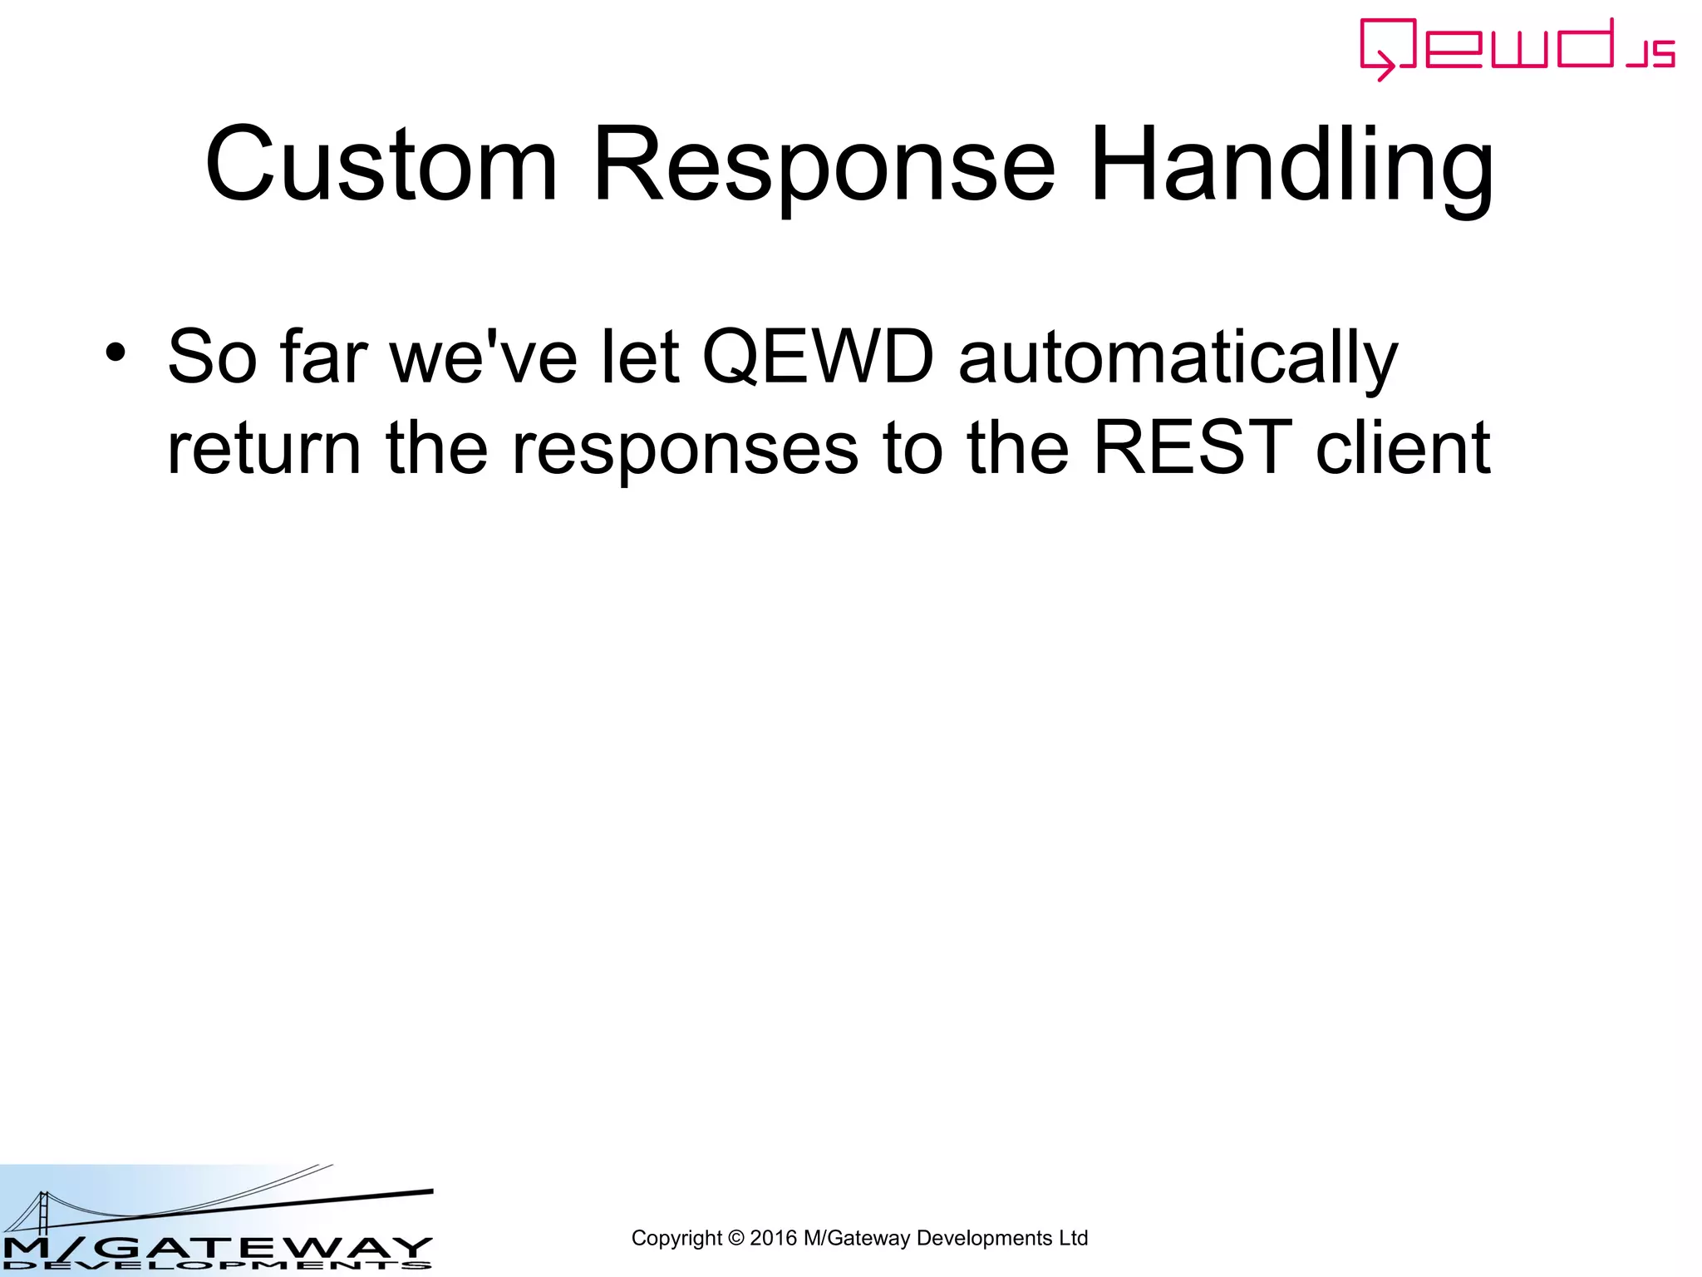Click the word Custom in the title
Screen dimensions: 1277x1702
pos(381,165)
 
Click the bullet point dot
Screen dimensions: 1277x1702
pos(116,353)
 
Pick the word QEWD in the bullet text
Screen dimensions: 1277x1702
pos(818,357)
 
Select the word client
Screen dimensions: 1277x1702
pos(1403,448)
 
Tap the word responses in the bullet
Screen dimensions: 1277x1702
pos(685,450)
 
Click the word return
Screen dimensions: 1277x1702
pos(263,448)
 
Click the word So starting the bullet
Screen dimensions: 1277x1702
pos(212,357)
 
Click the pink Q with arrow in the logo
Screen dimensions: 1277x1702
pos(1386,48)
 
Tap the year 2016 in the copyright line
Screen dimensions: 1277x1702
pos(773,1238)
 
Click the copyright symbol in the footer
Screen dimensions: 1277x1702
pos(735,1238)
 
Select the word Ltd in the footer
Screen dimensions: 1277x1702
pos(1073,1238)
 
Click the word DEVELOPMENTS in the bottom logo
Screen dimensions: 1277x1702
pos(216,1266)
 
